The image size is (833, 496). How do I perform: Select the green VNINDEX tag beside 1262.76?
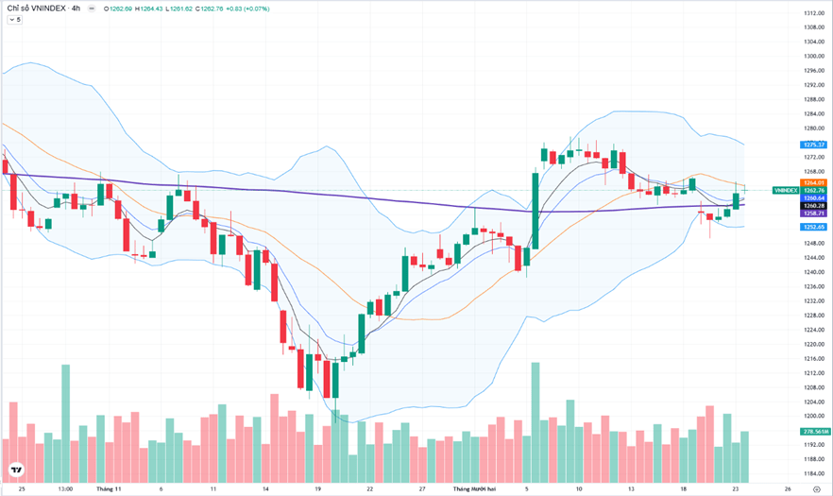[785, 191]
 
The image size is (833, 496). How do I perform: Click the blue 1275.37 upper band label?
[814, 145]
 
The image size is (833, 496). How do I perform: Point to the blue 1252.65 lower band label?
[814, 227]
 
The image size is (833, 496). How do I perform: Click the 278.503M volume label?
[814, 432]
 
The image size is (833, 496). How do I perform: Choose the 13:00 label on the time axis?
[65, 489]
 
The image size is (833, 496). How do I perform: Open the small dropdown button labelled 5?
[15, 20]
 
